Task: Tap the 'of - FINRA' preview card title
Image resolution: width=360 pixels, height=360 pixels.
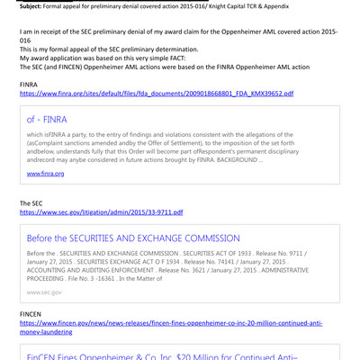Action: (47, 120)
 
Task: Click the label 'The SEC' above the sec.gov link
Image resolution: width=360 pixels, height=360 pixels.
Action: (32, 203)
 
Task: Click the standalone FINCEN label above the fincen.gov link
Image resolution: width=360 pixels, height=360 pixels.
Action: (31, 313)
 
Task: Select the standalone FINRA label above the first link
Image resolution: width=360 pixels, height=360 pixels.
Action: (30, 84)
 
